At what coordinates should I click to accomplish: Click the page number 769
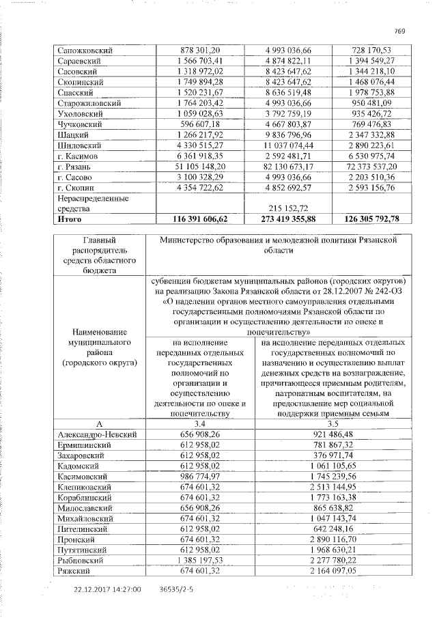pos(401,29)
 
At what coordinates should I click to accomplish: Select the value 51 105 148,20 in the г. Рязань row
pos(197,166)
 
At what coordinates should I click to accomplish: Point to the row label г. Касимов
pos(79,156)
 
